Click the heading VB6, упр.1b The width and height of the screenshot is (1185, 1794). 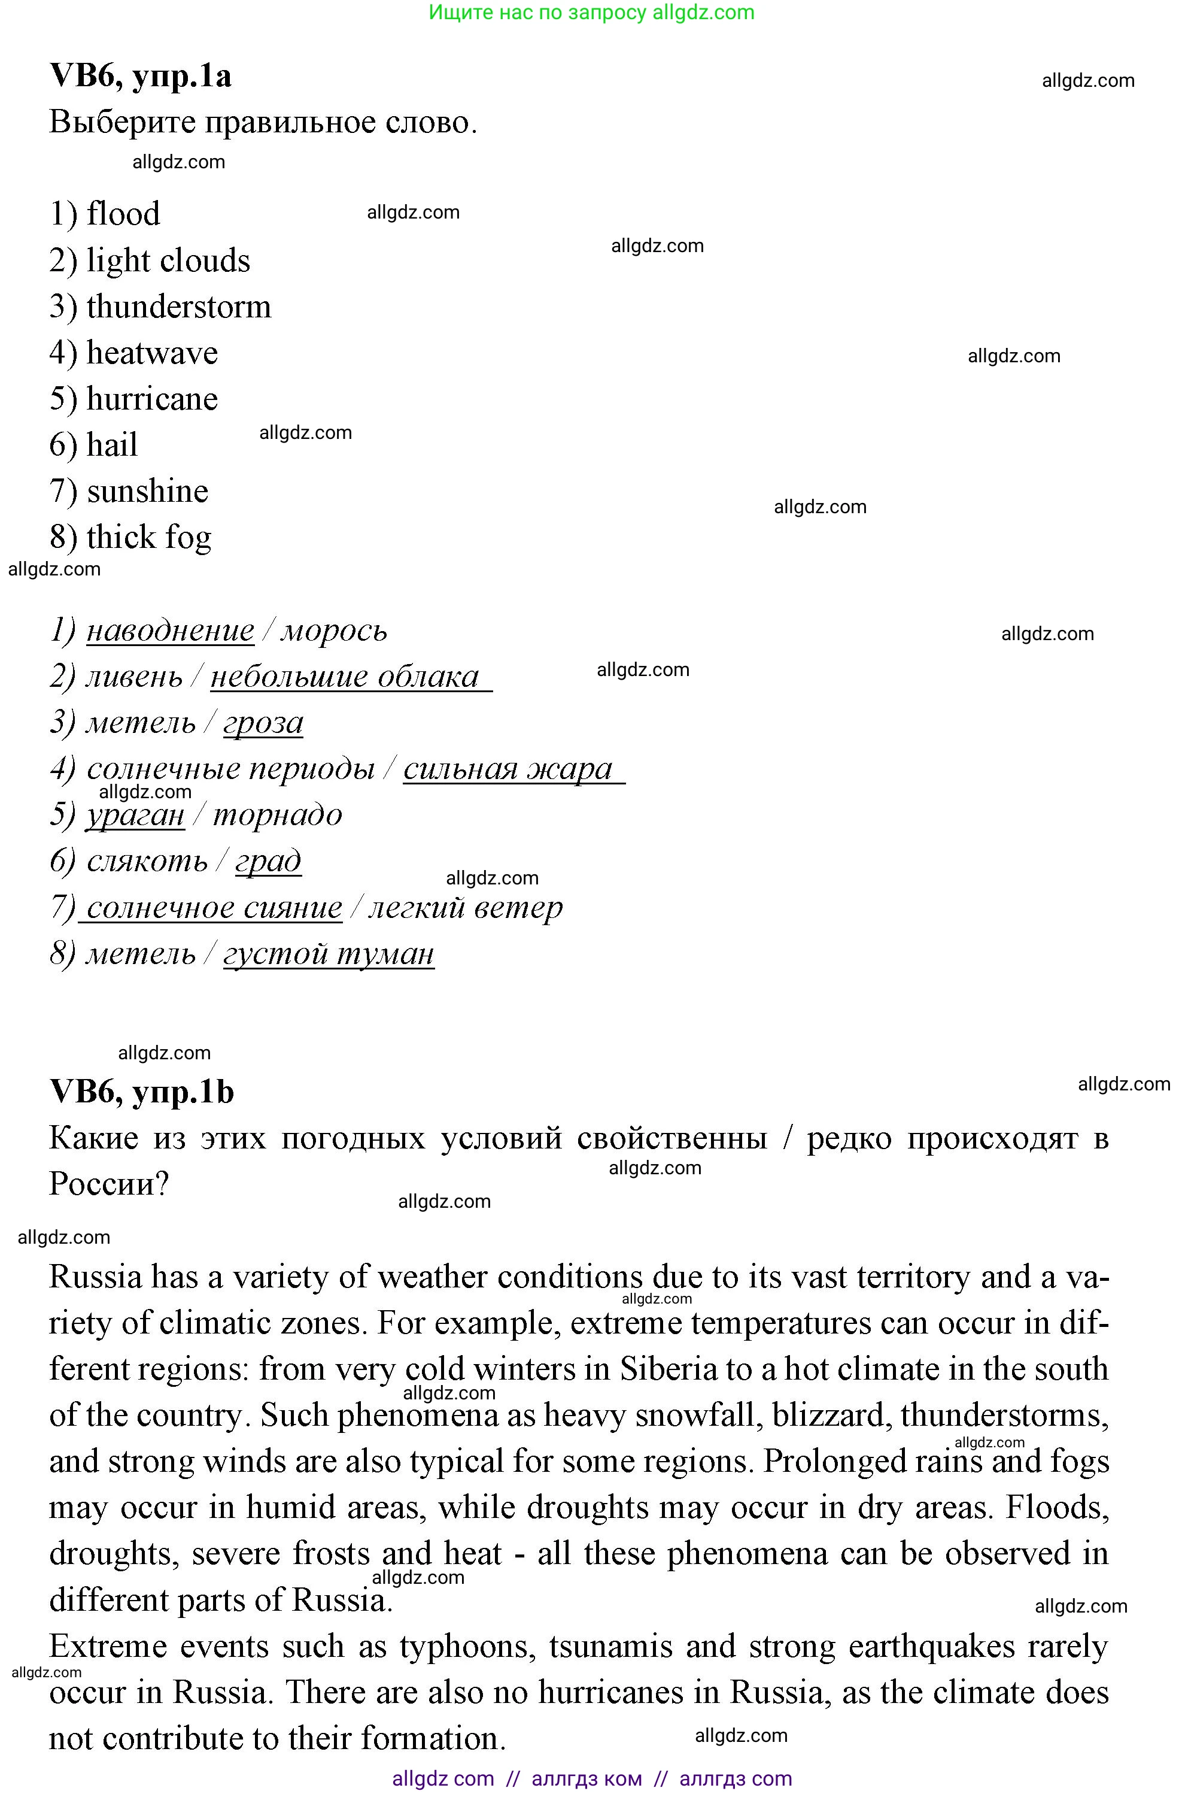pos(141,1092)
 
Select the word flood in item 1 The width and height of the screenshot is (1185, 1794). pos(123,214)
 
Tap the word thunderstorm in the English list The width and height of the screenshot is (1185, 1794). pos(178,307)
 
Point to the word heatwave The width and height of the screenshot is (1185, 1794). pos(152,353)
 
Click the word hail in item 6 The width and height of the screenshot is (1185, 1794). pos(112,446)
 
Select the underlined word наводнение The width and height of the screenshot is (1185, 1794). pos(170,631)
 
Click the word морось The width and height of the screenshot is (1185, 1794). pos(334,631)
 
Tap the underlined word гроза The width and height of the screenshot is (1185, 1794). pos(263,723)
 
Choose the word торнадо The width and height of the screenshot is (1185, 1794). pos(277,816)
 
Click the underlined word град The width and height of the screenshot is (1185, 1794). pos(268,862)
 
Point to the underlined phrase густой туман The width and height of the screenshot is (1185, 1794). pos(329,954)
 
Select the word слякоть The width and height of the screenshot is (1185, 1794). pos(147,862)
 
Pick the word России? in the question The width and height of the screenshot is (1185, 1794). pos(109,1183)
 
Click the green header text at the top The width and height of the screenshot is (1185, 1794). pos(592,12)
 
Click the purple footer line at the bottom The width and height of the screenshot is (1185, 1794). pos(592,1778)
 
